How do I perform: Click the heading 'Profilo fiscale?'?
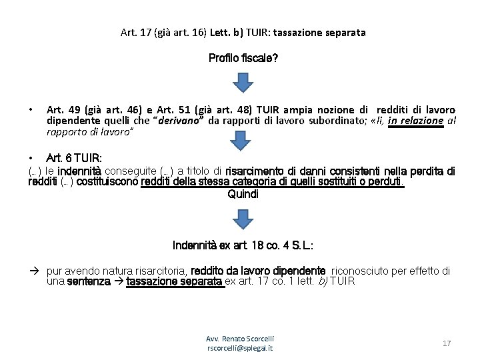tap(243, 59)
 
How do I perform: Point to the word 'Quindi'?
tap(243, 195)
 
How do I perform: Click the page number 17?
tap(447, 343)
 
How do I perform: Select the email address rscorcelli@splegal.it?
tap(240, 348)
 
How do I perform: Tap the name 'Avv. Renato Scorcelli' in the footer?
tap(240, 339)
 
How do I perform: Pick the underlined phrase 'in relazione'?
tap(415, 120)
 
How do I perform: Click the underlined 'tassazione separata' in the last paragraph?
tap(175, 281)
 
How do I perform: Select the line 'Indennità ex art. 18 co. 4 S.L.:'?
tap(243, 245)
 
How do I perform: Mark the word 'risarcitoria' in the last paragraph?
tap(157, 271)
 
